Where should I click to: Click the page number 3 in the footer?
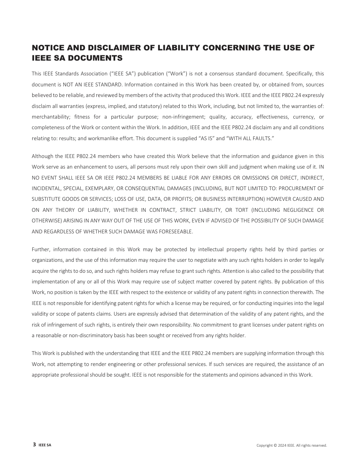point(34,445)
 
